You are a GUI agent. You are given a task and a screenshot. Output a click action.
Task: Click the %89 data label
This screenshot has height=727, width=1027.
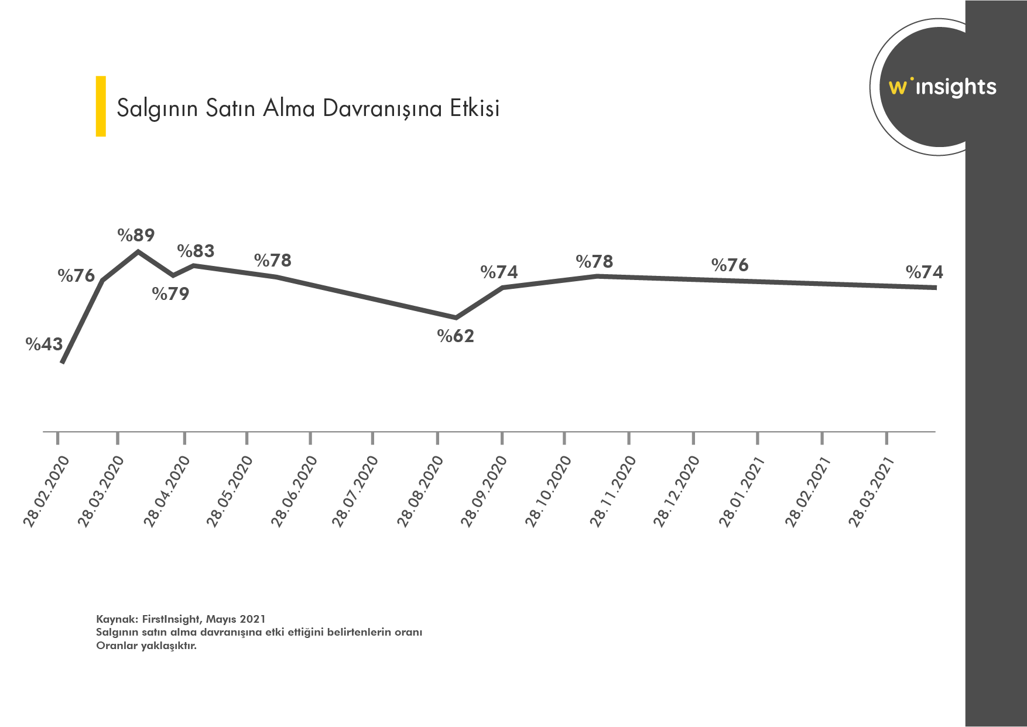click(136, 235)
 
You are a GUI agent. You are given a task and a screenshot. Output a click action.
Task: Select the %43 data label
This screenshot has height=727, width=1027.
click(44, 344)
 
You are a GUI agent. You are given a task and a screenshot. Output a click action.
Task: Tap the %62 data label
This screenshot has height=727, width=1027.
click(456, 336)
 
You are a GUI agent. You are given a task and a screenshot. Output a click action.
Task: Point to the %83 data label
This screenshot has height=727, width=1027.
click(196, 251)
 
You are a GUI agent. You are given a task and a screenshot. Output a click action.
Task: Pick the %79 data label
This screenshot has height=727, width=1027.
click(170, 294)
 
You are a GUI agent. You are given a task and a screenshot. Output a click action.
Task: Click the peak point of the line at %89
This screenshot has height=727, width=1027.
click(138, 252)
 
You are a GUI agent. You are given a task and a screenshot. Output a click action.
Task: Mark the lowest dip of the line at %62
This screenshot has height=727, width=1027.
click(456, 318)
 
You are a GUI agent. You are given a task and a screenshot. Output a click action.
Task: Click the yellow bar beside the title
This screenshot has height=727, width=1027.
click(101, 106)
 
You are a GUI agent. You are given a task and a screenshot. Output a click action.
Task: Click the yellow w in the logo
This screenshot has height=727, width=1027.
click(897, 88)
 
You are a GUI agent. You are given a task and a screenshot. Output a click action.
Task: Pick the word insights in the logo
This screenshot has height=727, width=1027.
click(956, 88)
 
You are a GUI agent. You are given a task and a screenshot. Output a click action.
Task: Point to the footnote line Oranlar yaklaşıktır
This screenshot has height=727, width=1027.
click(146, 646)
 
